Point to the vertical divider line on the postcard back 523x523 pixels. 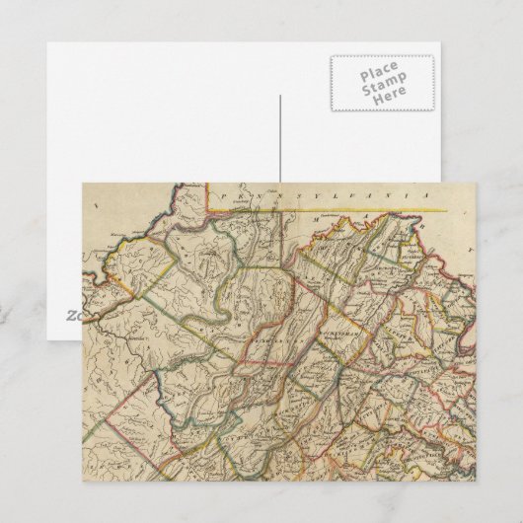(280, 138)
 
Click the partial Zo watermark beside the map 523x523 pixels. (74, 315)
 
